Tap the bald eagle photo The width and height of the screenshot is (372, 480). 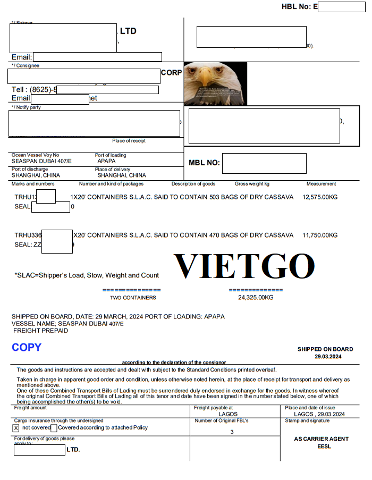215,83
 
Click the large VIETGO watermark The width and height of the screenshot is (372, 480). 244,266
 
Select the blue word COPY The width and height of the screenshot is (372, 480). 27,347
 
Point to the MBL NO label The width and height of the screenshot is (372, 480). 204,163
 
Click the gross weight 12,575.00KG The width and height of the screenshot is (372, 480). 320,197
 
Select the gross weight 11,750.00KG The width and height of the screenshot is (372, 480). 320,235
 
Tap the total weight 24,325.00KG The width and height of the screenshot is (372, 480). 256,298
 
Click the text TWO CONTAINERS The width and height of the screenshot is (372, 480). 133,298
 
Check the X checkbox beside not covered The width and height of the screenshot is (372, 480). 16,428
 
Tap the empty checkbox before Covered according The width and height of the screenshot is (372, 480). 54,428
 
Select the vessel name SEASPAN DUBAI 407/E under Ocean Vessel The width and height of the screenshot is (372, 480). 41,161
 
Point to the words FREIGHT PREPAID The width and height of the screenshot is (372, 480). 41,331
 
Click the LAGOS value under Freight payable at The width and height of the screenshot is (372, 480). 228,414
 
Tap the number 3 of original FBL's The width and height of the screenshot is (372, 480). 232,432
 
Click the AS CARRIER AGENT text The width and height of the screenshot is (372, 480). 321,439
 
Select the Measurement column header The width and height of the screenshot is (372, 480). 321,184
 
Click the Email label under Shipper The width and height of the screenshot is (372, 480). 22,57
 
